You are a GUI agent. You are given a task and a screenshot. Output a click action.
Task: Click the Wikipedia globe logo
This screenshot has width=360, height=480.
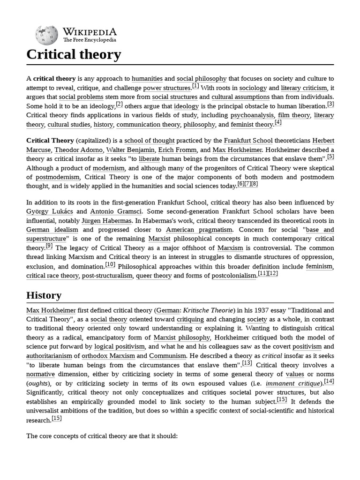pos(46,35)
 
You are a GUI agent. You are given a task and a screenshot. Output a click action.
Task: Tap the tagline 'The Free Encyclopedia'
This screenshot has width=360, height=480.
pos(90,40)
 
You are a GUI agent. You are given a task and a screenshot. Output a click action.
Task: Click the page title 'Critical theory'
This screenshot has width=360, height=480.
pos(74,54)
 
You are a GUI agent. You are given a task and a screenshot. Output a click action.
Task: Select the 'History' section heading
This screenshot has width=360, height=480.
pos(44,295)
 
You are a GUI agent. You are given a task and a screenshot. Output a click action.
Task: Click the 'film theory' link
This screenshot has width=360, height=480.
pos(294,115)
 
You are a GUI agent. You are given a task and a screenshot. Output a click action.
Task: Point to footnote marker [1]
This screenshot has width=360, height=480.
pos(195,86)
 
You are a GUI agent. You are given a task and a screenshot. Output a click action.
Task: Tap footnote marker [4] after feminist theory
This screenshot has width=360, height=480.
pos(278,122)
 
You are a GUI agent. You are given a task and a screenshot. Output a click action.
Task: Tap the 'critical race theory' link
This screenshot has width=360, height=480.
pos(52,276)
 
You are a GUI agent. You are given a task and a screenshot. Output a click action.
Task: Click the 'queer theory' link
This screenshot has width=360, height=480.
pos(154,276)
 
